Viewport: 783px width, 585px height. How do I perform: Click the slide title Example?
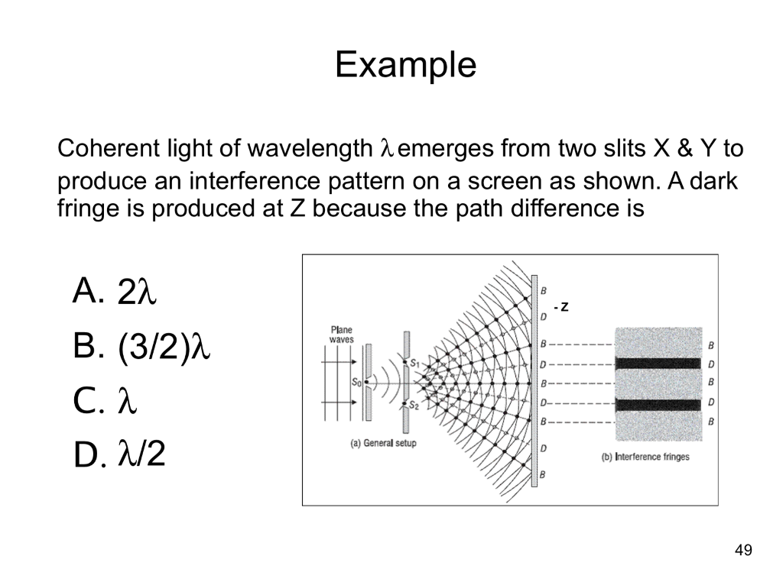coord(405,65)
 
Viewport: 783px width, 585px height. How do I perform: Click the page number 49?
coord(742,550)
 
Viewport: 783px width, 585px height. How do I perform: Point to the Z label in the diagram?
coord(564,307)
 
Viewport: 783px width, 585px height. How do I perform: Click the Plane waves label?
coord(341,335)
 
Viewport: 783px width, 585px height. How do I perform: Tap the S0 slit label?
coord(356,383)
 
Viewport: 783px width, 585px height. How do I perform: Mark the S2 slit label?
coord(414,406)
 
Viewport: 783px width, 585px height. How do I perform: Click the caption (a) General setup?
coord(383,443)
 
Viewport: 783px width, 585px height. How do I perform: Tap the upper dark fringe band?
coord(658,364)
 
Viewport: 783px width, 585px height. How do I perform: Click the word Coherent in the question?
coord(108,147)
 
